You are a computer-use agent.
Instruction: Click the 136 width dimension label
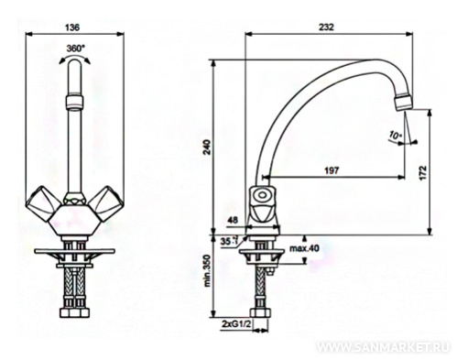coord(72,27)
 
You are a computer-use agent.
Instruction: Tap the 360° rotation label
coord(76,49)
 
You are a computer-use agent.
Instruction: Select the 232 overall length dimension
coord(327,27)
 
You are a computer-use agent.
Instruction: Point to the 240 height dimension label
coord(207,147)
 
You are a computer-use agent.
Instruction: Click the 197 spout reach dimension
coord(332,170)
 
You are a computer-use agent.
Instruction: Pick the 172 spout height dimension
coord(421,173)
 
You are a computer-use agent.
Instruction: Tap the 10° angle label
coord(396,135)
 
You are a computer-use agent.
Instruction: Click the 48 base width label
coord(234,220)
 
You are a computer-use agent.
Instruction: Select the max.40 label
coord(304,249)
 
